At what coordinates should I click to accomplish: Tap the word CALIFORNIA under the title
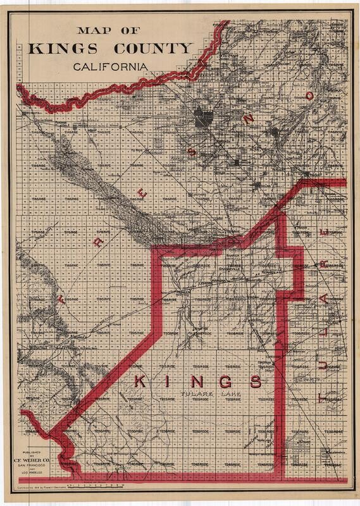click(111, 66)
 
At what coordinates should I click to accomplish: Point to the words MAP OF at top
click(111, 30)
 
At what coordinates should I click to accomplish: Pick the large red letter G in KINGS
click(225, 381)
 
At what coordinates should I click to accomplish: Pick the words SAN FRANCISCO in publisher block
click(35, 466)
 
